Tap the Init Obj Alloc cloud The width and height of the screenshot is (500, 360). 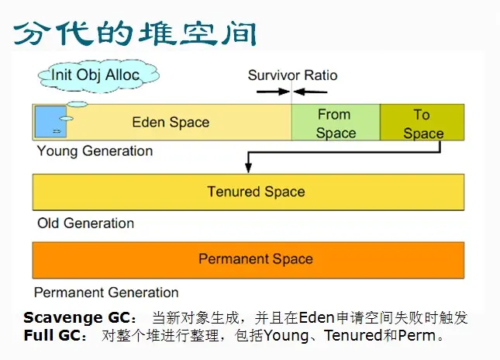point(95,75)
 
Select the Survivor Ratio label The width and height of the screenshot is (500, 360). point(292,75)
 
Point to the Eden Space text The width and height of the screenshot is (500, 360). point(171,122)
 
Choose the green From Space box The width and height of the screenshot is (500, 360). point(336,123)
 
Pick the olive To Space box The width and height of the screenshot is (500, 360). point(422,123)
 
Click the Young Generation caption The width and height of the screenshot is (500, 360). point(95,151)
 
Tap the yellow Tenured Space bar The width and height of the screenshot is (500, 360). point(256,192)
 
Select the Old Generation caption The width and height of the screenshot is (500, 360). point(85,223)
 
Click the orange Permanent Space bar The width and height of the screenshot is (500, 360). point(256,259)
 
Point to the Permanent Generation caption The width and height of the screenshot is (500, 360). point(106,292)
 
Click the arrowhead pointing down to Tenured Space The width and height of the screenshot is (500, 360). point(247,168)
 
